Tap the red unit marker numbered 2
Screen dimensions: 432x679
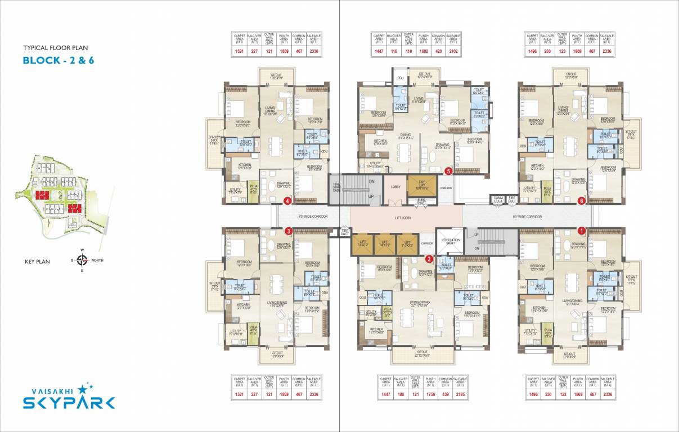click(x=429, y=259)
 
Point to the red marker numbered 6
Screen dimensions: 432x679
click(x=582, y=200)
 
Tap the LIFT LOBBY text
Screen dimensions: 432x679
click(x=406, y=215)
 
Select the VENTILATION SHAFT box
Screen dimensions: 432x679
click(x=451, y=240)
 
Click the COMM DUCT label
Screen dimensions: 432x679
click(x=498, y=199)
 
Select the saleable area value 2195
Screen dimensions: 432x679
click(x=460, y=395)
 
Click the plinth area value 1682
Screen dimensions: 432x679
click(x=424, y=52)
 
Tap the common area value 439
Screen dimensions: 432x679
click(x=445, y=395)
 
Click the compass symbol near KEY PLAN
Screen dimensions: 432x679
click(x=82, y=260)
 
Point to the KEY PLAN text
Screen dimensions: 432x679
click(x=38, y=262)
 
